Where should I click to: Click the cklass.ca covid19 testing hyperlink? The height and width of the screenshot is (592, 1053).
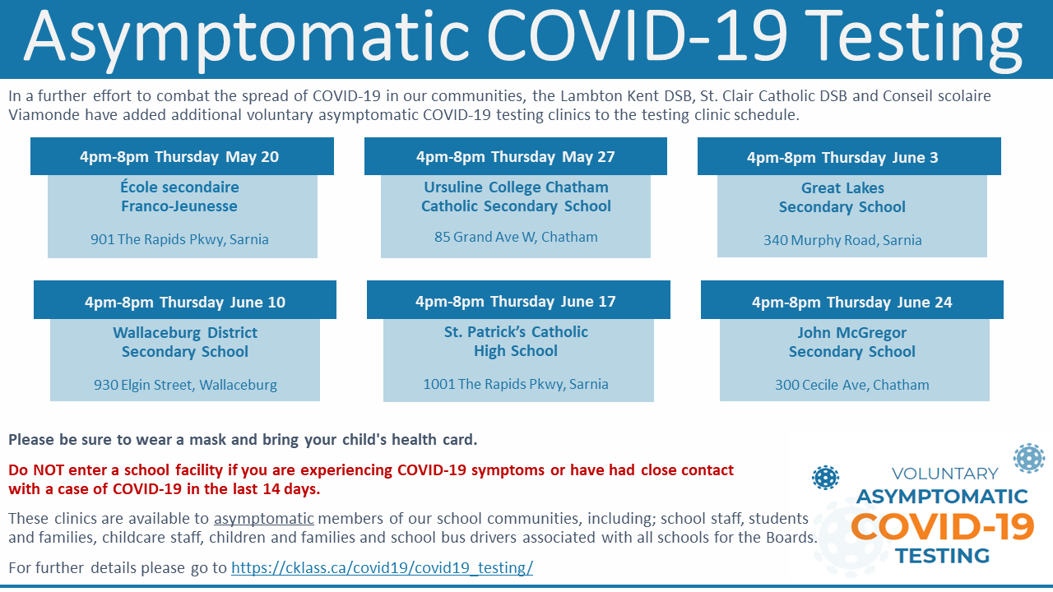click(382, 567)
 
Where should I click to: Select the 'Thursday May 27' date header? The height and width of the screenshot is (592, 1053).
click(516, 156)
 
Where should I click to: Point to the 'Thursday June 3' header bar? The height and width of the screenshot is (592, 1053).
click(849, 156)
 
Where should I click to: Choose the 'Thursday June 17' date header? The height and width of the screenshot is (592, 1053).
click(518, 300)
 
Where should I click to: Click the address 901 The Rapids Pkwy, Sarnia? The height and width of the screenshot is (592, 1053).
click(179, 239)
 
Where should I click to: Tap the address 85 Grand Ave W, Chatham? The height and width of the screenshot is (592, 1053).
click(516, 237)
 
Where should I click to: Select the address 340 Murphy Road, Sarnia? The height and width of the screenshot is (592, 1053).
click(842, 240)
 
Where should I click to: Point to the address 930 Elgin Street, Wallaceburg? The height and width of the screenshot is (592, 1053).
click(185, 385)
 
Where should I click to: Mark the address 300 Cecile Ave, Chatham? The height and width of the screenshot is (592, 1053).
click(851, 385)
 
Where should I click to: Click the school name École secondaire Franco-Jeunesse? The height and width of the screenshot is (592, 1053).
click(179, 197)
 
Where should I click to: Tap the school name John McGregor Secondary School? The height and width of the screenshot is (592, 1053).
click(851, 342)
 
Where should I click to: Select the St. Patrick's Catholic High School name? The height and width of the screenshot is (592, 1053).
click(516, 341)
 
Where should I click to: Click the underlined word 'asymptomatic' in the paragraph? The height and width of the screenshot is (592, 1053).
click(264, 519)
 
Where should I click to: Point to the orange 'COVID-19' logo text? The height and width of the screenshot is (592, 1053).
click(943, 527)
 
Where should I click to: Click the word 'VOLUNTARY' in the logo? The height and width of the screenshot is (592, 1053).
click(945, 474)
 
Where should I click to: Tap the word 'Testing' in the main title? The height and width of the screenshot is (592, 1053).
click(916, 38)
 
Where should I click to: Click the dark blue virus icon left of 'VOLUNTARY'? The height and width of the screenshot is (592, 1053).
click(825, 478)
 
